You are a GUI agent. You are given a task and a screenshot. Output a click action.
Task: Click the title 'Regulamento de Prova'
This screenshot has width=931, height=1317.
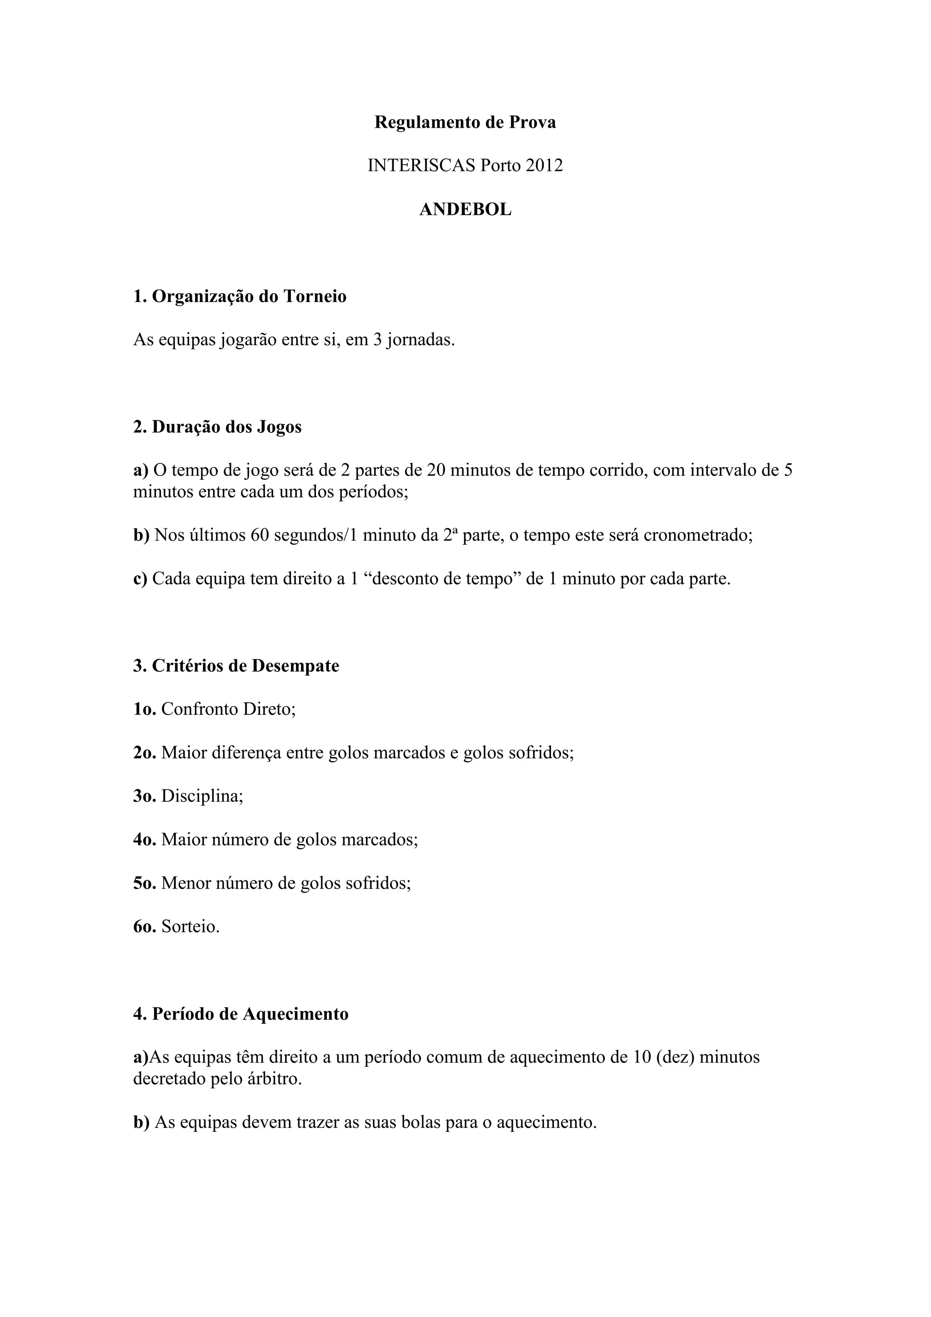(465, 122)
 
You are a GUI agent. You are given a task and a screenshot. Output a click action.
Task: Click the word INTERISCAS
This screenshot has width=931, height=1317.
(421, 166)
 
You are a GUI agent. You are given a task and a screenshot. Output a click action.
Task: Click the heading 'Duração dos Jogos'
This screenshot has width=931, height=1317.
(226, 427)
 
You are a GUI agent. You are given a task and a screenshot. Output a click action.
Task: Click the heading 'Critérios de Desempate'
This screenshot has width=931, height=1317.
(245, 666)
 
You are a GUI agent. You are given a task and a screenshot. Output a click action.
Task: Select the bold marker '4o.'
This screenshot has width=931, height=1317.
(145, 840)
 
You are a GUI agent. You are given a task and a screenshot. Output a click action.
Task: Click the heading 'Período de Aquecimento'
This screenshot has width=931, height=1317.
(250, 1014)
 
